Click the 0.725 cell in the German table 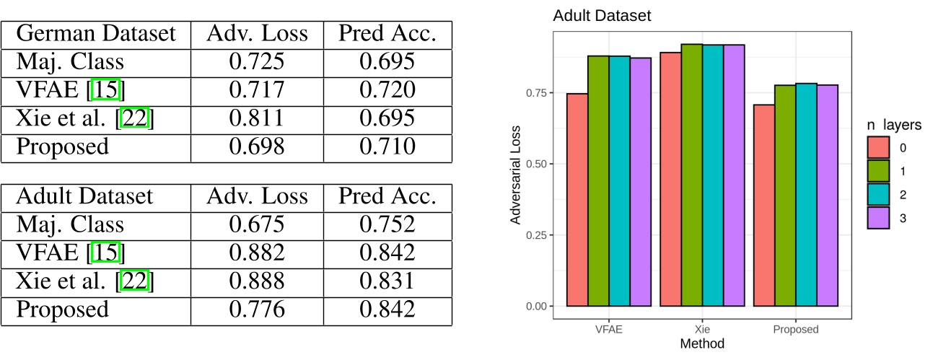pos(256,62)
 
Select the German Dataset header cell pos(96,34)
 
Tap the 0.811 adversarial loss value pos(256,119)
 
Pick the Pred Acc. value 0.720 pos(387,90)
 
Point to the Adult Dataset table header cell pos(84,196)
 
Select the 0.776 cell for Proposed pos(256,309)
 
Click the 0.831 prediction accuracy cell pos(387,281)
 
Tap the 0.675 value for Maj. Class pos(256,224)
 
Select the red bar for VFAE pos(577,200)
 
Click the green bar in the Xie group pos(691,175)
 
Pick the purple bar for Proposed pos(828,196)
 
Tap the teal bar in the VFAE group pos(619,181)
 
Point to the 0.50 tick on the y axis pos(538,164)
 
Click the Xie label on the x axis pos(702,330)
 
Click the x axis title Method pos(702,344)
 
